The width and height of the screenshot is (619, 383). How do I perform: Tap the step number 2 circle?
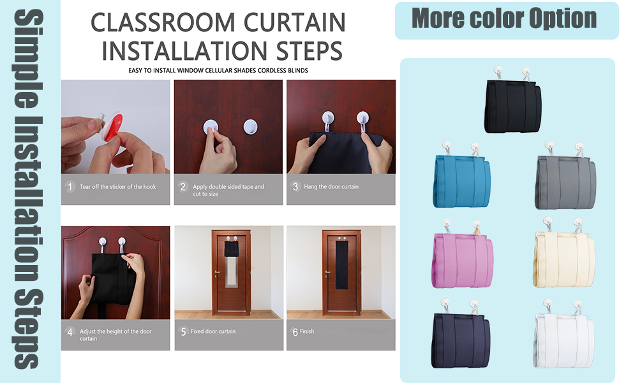(183, 187)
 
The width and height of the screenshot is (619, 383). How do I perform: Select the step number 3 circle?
(295, 187)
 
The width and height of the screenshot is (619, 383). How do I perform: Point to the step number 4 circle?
(71, 332)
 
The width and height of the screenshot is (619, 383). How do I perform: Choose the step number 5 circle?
(183, 331)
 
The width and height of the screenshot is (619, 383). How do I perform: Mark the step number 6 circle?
(295, 331)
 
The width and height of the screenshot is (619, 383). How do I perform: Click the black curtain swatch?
(513, 106)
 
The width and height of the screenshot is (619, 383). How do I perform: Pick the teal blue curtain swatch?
(462, 180)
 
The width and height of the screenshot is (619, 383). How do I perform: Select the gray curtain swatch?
(564, 181)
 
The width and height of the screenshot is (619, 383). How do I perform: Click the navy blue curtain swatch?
(463, 339)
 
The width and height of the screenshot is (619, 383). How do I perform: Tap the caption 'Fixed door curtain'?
(213, 331)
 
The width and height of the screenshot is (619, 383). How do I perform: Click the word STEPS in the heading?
(301, 51)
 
